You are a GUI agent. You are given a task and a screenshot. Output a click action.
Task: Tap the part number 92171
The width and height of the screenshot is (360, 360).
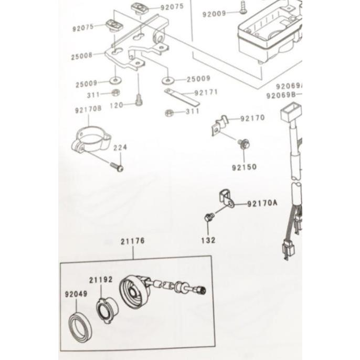[206, 92]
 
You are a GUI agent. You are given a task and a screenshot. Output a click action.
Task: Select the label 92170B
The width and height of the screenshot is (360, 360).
[88, 110]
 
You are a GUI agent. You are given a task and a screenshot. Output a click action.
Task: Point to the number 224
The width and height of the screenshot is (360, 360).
[120, 148]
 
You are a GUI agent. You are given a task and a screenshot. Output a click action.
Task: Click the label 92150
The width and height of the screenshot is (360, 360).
[244, 167]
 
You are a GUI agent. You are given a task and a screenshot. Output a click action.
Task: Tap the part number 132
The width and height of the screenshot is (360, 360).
[208, 240]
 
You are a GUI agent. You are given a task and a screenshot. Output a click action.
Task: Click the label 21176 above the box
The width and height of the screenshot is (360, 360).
[132, 241]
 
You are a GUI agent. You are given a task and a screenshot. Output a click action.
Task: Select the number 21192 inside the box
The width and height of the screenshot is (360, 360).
[101, 280]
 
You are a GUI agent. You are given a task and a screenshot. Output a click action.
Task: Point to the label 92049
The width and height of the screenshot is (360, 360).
[76, 294]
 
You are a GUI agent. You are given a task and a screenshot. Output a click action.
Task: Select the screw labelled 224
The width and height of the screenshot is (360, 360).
[118, 167]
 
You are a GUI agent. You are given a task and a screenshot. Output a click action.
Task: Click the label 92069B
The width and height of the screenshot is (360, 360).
[281, 96]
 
